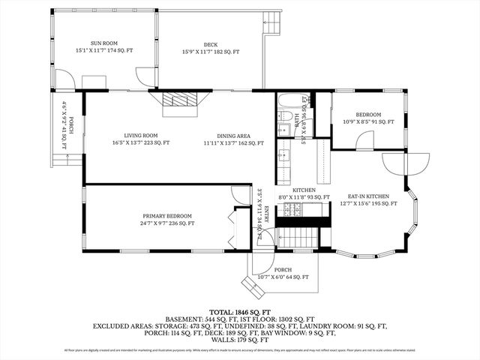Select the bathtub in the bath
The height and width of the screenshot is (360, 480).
point(291,100)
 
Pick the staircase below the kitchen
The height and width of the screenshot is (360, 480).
point(298,238)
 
